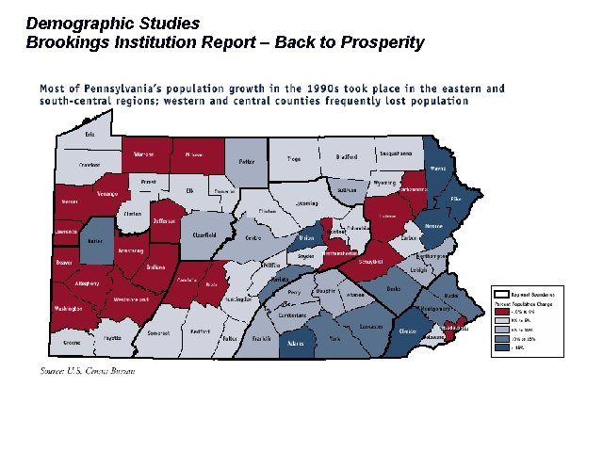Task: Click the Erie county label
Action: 90,136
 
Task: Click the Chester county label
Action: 408,331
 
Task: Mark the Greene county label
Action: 73,344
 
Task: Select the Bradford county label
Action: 346,157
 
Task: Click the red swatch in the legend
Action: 501,311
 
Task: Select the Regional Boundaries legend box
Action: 502,294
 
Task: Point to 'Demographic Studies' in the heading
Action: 112,22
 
